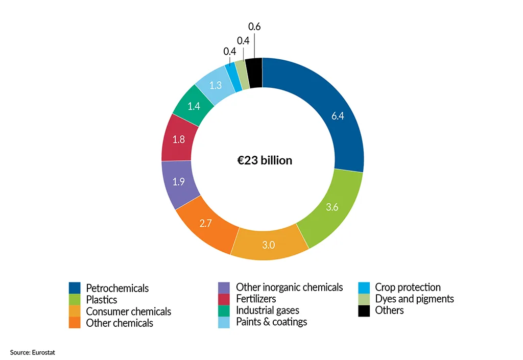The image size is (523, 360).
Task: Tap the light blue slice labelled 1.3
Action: coord(215,85)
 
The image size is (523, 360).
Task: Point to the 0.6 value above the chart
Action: coord(254,27)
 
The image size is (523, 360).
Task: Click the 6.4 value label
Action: coord(338,116)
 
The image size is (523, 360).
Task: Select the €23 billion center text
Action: coord(261,160)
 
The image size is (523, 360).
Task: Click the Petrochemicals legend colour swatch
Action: coord(75,288)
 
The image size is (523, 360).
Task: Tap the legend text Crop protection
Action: coord(408,287)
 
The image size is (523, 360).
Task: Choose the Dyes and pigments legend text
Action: coord(414,299)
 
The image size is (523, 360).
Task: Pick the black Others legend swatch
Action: coord(364,310)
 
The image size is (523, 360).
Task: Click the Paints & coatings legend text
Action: coord(271,322)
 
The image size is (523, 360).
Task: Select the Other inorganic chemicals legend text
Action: coord(289,287)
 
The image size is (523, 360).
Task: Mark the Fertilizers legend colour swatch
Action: coord(224,299)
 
